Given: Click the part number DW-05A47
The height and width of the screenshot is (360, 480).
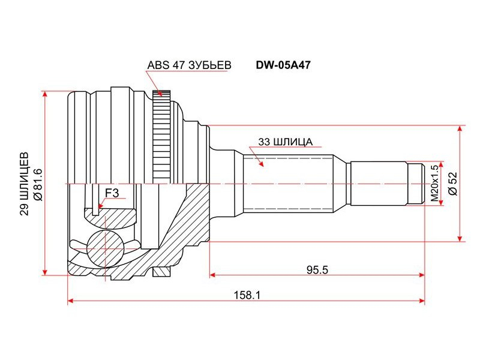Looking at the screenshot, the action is click(283, 65).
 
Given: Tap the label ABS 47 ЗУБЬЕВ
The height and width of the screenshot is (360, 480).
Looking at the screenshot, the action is click(189, 65).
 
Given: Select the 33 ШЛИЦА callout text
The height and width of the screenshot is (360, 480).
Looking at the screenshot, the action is click(286, 142).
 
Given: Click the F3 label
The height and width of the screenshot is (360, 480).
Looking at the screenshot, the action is click(112, 193).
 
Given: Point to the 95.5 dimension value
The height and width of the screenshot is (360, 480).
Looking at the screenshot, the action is click(317, 269).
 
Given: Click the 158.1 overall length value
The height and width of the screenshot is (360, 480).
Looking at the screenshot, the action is click(247, 295).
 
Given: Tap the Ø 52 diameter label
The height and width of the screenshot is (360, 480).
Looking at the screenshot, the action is click(453, 184).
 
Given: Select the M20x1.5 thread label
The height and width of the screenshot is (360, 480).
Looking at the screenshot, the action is click(434, 184).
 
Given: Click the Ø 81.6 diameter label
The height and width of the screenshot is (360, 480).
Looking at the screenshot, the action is click(38, 184).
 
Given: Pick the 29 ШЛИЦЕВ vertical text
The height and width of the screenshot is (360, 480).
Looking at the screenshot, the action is click(25, 184).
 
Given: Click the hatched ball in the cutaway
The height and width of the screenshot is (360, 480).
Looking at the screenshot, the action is click(105, 248).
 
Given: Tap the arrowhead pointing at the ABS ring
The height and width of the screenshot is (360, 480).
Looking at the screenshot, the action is click(159, 92).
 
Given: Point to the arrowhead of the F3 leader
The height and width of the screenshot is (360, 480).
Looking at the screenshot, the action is click(98, 206).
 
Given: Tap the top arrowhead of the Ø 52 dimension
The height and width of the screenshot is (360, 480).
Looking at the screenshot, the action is click(460, 129).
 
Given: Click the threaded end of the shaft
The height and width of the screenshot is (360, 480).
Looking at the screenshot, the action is click(416, 184).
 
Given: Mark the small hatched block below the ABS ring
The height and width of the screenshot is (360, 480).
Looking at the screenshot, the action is click(161, 271).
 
